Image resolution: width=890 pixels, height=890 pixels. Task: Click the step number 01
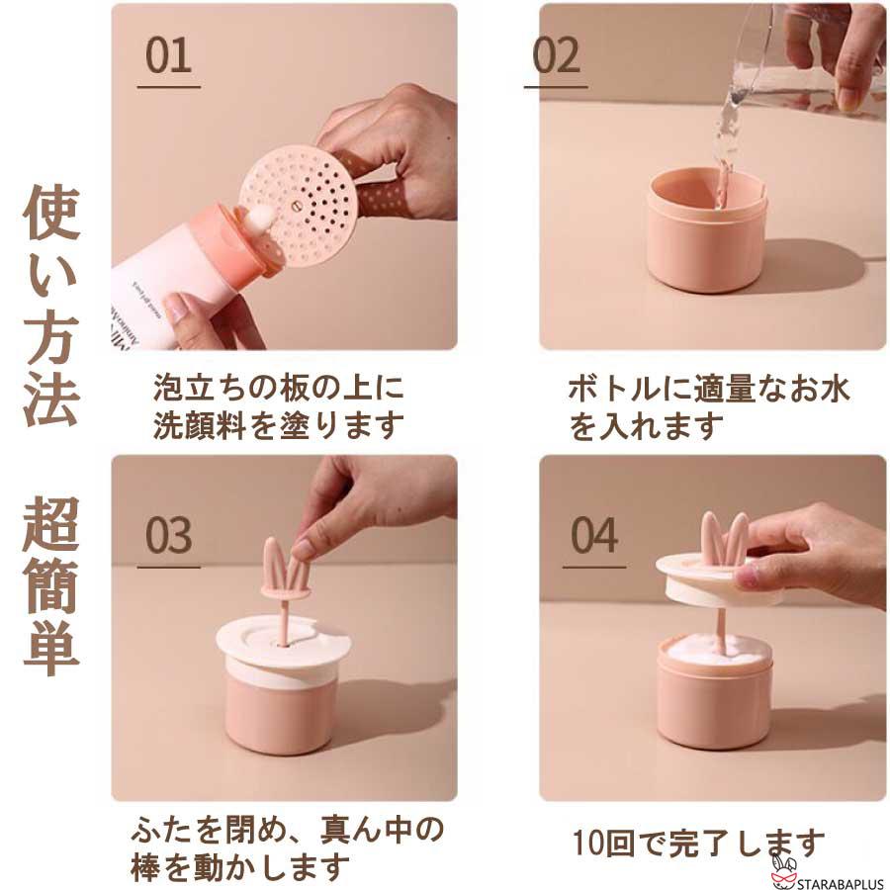tap(168, 57)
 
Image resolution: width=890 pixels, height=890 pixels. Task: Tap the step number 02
tap(556, 57)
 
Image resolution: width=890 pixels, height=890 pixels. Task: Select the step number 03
tap(168, 535)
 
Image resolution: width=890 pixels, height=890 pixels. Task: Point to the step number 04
tap(594, 535)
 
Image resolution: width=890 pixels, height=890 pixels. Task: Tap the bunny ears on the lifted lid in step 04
tap(724, 539)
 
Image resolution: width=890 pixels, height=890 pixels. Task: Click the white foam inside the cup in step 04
tap(712, 648)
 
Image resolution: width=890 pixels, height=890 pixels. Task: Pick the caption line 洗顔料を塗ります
tap(279, 425)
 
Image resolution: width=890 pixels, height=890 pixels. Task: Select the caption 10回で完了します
tap(698, 844)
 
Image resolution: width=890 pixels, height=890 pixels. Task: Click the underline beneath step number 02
tap(556, 87)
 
